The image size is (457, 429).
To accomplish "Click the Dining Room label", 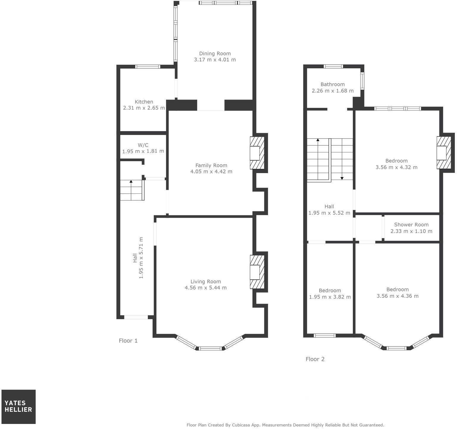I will click(215, 54).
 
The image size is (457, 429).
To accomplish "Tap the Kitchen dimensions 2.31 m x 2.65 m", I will click(144, 108).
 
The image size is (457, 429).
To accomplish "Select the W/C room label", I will click(143, 145).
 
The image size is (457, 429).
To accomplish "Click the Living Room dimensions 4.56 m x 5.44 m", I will click(206, 288).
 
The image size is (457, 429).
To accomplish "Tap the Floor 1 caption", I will click(128, 341).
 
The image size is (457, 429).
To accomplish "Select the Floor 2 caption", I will click(315, 359).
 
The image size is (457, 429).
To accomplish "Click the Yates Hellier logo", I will click(18, 407).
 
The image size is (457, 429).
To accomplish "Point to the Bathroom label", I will click(333, 84).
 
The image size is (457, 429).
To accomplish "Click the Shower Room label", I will click(411, 225).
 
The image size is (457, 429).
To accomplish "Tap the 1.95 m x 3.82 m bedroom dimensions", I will click(330, 297).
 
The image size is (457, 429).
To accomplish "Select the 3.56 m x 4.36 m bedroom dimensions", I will click(397, 296).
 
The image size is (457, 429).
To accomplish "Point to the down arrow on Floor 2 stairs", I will click(342, 178).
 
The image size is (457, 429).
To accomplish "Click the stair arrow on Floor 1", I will click(131, 181).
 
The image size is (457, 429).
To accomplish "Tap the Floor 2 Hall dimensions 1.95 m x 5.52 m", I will click(329, 213).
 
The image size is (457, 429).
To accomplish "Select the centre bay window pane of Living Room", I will click(210, 348).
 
